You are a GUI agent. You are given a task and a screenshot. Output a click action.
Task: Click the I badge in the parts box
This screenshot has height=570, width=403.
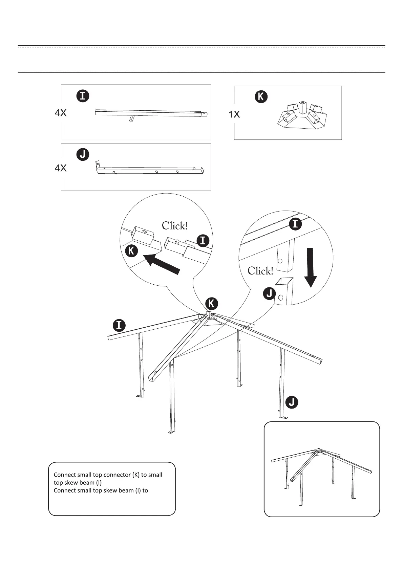tap(82, 96)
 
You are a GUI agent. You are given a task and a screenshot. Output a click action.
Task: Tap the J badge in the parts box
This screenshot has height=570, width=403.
tap(83, 154)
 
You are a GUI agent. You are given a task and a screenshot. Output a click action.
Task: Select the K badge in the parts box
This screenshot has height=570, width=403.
tap(261, 97)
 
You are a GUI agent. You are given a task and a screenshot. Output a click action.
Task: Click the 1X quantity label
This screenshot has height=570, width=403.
tap(234, 114)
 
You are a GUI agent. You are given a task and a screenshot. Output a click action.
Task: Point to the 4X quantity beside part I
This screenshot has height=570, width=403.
tap(61, 113)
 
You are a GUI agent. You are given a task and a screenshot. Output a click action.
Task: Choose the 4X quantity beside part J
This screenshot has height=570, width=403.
tap(61, 168)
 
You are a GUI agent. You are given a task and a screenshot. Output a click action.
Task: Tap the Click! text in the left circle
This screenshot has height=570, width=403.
tap(174, 226)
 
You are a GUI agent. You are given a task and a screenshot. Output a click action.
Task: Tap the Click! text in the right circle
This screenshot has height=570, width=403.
tap(260, 271)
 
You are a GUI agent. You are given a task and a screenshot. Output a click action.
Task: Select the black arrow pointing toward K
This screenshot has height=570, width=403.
tap(162, 264)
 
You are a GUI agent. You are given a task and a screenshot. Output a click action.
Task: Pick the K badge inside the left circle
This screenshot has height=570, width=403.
tap(131, 251)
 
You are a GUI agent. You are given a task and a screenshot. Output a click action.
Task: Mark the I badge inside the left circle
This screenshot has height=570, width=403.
tap(203, 241)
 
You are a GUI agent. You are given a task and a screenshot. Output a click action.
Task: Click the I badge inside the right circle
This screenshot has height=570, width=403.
tap(295, 224)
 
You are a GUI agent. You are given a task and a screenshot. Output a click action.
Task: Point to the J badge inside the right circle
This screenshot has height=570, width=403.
tap(269, 293)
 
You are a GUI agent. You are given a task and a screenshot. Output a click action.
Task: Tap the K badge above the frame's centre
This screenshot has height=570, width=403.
tap(212, 303)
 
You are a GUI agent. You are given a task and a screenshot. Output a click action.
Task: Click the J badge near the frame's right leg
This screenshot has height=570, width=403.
tap(292, 402)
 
